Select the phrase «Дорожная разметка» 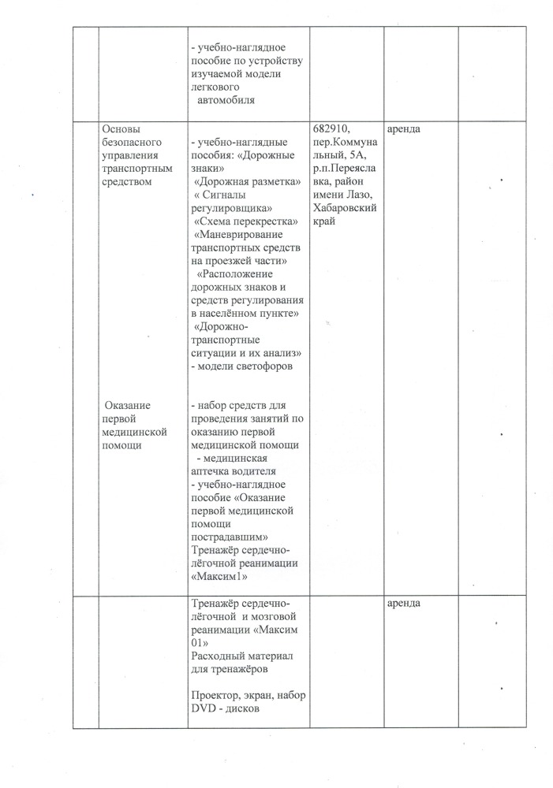pos(247,182)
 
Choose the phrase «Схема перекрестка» pos(245,222)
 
